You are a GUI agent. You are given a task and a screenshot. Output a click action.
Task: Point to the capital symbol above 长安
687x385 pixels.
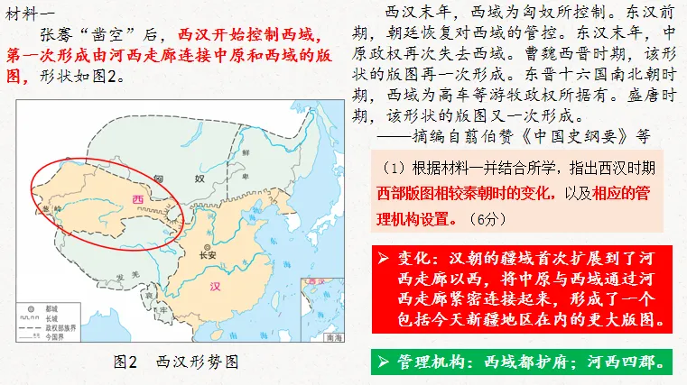point(209,247)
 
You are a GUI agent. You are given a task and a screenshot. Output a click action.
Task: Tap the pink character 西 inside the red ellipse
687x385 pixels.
point(137,198)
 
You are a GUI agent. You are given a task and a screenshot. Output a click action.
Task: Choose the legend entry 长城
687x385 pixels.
point(50,307)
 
